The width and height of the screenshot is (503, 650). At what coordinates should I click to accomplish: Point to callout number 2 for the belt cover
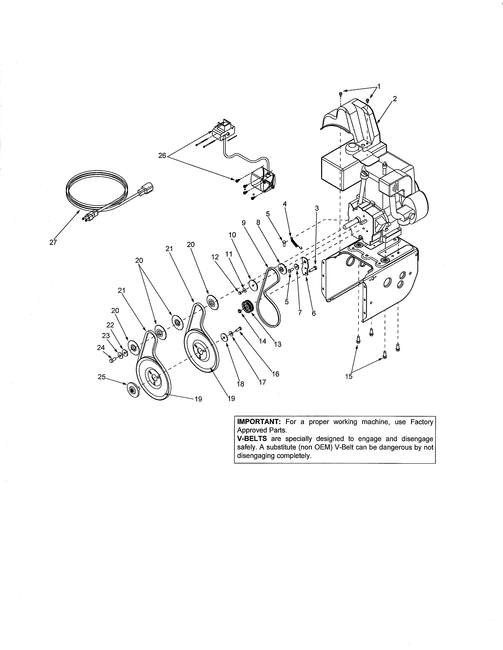395,99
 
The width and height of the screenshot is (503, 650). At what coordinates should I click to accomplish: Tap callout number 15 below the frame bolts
349,376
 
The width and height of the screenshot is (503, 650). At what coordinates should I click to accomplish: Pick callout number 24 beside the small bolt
101,348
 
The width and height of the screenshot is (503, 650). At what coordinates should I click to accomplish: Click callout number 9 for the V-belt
243,223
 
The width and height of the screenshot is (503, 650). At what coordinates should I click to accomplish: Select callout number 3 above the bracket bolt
317,209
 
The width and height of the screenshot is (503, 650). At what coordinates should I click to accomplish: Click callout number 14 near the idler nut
263,341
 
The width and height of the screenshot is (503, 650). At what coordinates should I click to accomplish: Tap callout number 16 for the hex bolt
276,374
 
